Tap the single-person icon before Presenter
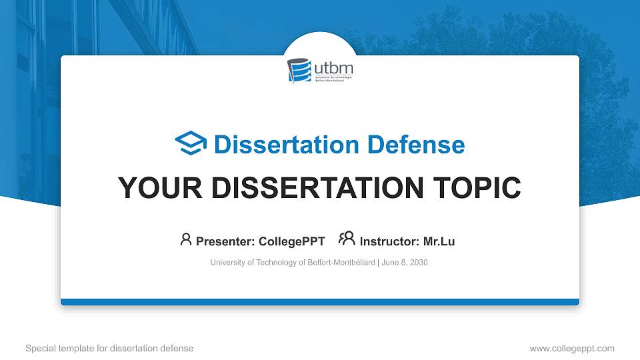(x=186, y=239)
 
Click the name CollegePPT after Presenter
(x=291, y=241)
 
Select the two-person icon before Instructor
(x=347, y=239)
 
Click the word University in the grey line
(x=227, y=263)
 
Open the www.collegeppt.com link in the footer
(x=572, y=348)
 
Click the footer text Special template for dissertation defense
(x=109, y=348)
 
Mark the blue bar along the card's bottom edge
(x=320, y=302)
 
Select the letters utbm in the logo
(x=333, y=68)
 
